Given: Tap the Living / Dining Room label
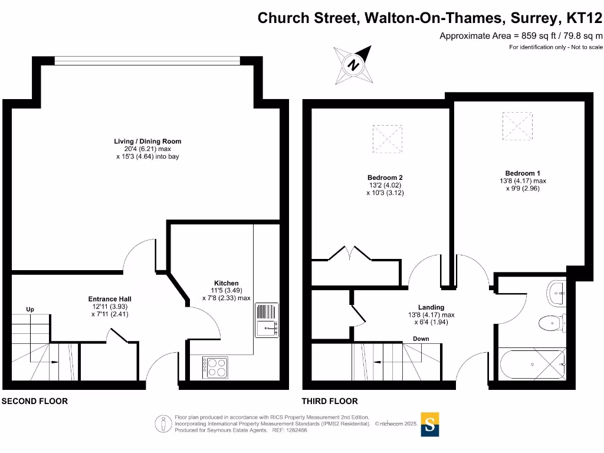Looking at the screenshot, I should (147, 142).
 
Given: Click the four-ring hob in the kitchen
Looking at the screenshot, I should (215, 368).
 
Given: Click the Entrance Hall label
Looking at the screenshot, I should (110, 299).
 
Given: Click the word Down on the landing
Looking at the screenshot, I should (421, 339).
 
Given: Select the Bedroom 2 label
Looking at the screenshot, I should (385, 178).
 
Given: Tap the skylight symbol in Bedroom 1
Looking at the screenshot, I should (517, 126).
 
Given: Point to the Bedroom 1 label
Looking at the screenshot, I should (514, 173).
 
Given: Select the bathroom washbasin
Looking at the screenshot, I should (557, 291).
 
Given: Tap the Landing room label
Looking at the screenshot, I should (431, 307).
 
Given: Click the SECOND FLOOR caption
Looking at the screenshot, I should (34, 401).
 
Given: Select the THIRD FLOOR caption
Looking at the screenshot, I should (330, 401).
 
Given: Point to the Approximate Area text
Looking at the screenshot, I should (521, 36).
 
